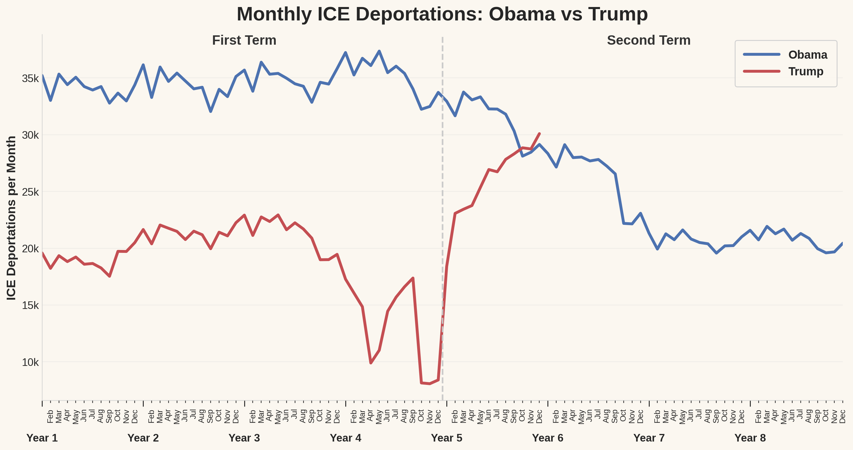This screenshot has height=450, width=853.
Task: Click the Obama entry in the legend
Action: tap(807, 55)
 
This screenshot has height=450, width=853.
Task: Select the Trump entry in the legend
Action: tap(805, 72)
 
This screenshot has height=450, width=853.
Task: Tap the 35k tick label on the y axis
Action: tap(30, 79)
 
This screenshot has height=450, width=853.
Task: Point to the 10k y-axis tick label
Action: tap(30, 362)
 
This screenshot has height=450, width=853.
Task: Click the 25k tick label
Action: tap(30, 192)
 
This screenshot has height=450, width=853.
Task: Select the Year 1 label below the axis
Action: tap(42, 438)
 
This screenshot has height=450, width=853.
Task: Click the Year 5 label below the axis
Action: tap(446, 438)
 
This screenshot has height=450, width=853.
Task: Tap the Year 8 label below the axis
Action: tap(750, 438)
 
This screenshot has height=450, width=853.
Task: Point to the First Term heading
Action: tap(244, 40)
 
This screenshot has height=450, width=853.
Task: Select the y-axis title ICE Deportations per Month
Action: tap(11, 218)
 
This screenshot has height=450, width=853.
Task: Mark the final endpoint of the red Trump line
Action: tap(540, 134)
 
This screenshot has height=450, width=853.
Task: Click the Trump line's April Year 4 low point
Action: tap(371, 363)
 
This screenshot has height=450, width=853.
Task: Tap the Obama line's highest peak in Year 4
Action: tap(379, 51)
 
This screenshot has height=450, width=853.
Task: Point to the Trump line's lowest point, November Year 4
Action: tap(430, 383)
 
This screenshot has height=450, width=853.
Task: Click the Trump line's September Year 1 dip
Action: tap(110, 276)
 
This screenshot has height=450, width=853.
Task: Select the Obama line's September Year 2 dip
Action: tap(211, 112)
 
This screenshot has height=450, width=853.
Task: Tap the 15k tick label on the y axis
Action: tap(30, 305)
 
